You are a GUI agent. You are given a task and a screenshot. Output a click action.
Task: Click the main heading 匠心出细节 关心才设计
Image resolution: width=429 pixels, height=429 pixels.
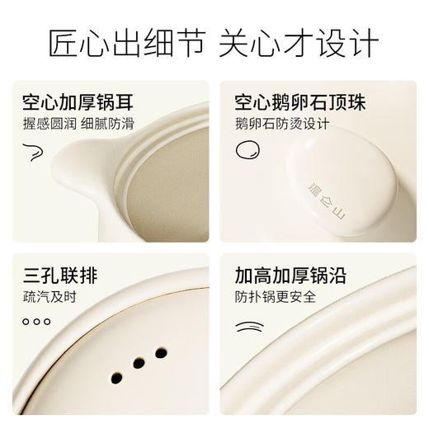coord(214,42)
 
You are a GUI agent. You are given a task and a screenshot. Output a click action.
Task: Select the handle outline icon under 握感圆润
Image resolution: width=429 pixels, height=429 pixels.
coord(34,149)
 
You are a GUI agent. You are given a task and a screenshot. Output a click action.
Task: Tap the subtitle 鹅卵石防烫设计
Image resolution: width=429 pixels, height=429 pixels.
coord(281,125)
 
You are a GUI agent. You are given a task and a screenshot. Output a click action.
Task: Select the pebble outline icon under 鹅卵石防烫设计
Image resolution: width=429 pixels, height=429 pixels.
coord(245,149)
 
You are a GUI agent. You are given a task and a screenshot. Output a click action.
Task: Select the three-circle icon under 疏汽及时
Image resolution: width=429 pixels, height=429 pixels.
coord(36,321)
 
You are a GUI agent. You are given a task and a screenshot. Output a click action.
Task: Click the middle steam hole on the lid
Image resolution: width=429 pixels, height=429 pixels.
coord(139,365)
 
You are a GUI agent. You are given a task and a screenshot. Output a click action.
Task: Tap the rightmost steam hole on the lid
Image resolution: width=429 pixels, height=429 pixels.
coord(161,352)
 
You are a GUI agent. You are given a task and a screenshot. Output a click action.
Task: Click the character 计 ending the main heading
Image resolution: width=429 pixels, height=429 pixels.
coord(362,42)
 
